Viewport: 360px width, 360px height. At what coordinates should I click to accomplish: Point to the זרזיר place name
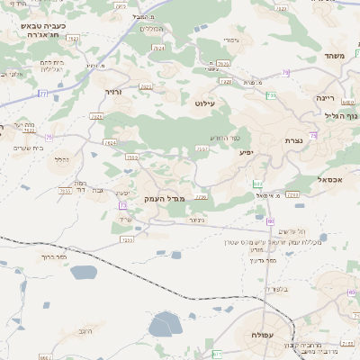pos(112,93)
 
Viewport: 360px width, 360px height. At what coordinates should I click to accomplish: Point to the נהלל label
pos(61,159)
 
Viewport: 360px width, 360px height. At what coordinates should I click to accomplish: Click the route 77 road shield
pos(43,94)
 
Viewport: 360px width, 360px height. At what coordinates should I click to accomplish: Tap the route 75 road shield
pos(49,137)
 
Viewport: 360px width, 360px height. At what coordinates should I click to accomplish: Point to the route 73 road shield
pos(121,205)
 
